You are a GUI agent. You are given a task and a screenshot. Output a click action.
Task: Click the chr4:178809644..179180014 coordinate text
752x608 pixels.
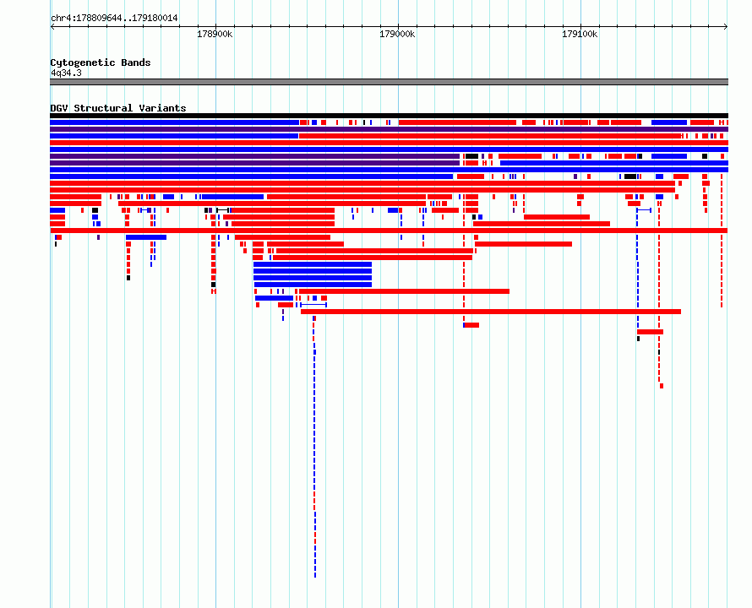pos(114,19)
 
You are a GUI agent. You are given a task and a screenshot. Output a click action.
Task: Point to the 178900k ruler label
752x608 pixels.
pos(215,34)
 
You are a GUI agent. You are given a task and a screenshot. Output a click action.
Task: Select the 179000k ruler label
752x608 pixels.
pos(397,34)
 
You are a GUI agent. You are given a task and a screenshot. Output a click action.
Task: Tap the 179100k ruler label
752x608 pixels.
pos(580,34)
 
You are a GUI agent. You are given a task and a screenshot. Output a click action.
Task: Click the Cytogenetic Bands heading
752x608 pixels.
pos(101,62)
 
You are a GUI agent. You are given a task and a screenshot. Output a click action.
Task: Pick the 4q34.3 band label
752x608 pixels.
pos(66,73)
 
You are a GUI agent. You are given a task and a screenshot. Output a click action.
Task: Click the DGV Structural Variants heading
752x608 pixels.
pos(118,108)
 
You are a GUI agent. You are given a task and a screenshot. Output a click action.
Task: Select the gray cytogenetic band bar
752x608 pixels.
pos(389,82)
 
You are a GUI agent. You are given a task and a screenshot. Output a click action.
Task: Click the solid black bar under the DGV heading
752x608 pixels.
pos(389,116)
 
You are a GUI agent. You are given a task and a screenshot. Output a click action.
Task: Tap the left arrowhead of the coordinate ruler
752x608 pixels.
pos(52,27)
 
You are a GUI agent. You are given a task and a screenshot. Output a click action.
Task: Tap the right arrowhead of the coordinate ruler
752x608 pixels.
pos(726,27)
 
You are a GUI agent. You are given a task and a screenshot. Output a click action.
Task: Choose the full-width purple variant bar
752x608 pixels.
pos(389,129)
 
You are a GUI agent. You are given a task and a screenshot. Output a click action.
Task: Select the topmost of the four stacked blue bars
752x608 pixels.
pos(313,264)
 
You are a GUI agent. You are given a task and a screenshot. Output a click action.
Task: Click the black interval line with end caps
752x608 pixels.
pos(222,210)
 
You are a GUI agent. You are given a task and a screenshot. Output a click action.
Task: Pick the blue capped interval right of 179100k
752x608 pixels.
pos(644,210)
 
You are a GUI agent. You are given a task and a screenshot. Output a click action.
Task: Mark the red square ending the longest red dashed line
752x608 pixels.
pos(662,386)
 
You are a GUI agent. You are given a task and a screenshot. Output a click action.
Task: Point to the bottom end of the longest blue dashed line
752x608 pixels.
pos(315,576)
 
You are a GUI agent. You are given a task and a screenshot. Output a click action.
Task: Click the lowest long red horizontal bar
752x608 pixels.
pos(491,312)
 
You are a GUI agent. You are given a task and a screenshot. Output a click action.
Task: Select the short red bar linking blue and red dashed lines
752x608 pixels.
pos(651,332)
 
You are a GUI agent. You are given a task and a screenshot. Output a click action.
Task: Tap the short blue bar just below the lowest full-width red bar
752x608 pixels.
pos(146,237)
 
